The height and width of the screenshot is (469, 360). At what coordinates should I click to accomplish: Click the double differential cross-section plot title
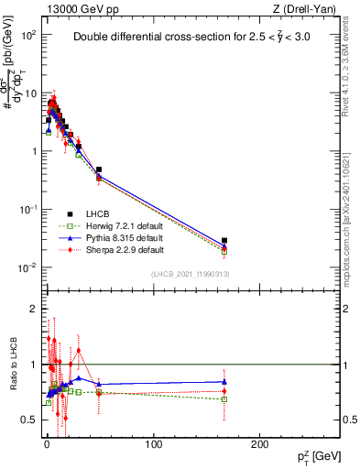(x=198, y=38)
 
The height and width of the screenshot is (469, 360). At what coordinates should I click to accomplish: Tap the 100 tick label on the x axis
(x=154, y=443)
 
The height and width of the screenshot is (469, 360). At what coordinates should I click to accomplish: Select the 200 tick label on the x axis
(x=261, y=443)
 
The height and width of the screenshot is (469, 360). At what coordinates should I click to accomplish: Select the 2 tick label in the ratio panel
(x=32, y=309)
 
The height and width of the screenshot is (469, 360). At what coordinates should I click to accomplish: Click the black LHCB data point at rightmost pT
(x=224, y=241)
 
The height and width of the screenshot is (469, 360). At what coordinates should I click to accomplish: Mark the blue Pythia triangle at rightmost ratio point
(x=224, y=381)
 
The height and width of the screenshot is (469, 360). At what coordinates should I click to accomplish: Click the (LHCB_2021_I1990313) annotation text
(x=189, y=274)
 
